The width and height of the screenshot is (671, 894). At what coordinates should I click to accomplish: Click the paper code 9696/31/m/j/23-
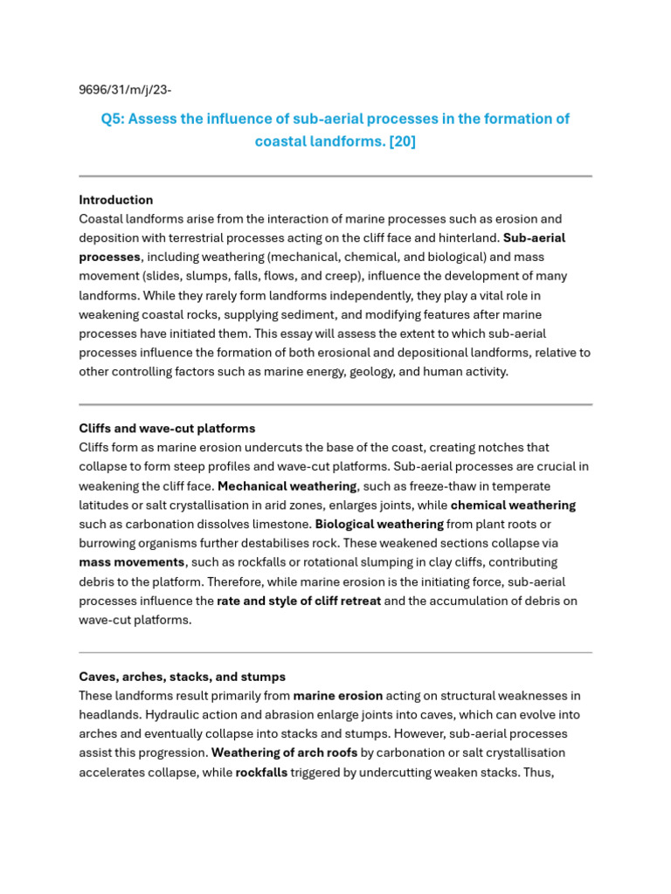[x=131, y=89]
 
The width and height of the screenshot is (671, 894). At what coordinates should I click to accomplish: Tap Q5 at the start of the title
[x=112, y=119]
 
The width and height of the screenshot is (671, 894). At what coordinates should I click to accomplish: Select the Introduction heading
[x=116, y=200]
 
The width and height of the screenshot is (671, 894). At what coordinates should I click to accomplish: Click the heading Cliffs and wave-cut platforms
[x=167, y=429]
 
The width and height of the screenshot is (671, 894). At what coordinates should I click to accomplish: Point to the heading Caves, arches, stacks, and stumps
[x=182, y=677]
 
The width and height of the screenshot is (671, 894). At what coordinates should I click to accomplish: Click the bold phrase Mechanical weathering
[x=287, y=486]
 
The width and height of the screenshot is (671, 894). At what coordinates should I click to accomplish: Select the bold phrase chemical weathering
[x=513, y=505]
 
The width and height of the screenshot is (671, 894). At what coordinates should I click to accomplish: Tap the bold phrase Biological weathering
[x=379, y=525]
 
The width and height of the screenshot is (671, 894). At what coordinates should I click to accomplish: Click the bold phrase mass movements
[x=132, y=562]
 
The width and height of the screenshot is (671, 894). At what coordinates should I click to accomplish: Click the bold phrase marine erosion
[x=338, y=696]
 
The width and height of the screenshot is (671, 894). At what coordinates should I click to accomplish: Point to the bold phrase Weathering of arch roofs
[x=284, y=753]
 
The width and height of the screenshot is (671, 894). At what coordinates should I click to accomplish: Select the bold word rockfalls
[x=261, y=772]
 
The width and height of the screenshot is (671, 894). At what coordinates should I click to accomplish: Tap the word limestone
[x=283, y=525]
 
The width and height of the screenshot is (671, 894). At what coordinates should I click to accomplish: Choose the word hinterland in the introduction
[x=468, y=237]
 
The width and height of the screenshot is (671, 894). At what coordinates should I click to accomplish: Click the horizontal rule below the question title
[x=335, y=176]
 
